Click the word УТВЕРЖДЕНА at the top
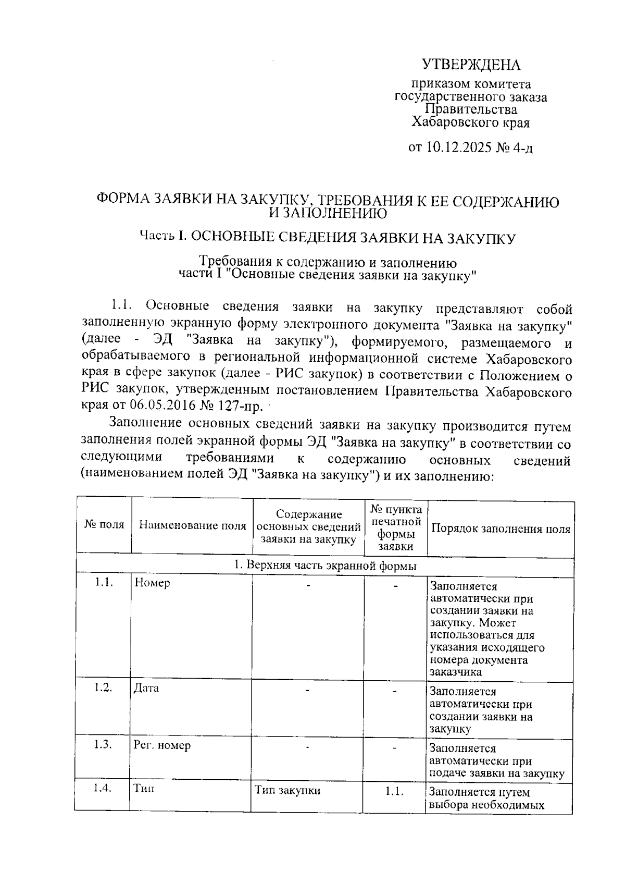471,65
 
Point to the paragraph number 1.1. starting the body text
124,305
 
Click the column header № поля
104,525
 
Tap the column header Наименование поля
192,525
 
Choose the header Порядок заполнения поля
500,529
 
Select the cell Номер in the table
152,583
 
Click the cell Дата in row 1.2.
146,688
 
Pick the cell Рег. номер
162,745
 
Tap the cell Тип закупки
287,790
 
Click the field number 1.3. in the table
103,744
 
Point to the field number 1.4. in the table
103,788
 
